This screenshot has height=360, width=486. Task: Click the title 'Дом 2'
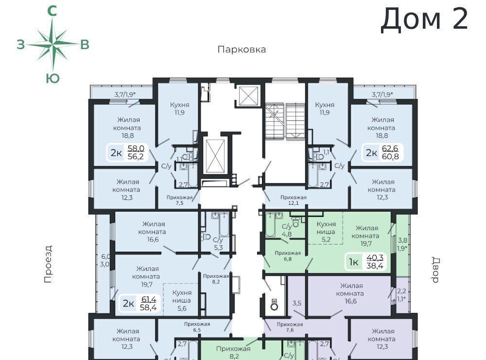pyautogui.click(x=424, y=19)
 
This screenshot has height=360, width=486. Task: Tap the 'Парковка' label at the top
pyautogui.click(x=242, y=50)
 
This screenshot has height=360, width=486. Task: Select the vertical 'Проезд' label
pyautogui.click(x=48, y=264)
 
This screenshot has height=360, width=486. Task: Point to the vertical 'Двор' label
pyautogui.click(x=435, y=270)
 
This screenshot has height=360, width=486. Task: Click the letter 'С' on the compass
pyautogui.click(x=52, y=11)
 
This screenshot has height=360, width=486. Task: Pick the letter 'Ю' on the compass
pyautogui.click(x=52, y=79)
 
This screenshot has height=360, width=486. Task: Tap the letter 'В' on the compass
pyautogui.click(x=85, y=45)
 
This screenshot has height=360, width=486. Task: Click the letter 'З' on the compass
pyautogui.click(x=20, y=45)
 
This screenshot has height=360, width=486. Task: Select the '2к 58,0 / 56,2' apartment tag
pyautogui.click(x=127, y=153)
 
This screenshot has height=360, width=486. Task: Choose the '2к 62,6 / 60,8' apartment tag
pyautogui.click(x=382, y=153)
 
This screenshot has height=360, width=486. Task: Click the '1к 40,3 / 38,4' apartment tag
pyautogui.click(x=366, y=262)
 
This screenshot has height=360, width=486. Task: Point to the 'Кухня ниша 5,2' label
pyautogui.click(x=326, y=232)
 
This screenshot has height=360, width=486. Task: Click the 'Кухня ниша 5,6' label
pyautogui.click(x=182, y=301)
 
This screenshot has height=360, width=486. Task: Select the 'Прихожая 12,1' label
pyautogui.click(x=293, y=200)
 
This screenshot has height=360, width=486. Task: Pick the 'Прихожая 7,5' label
pyautogui.click(x=179, y=200)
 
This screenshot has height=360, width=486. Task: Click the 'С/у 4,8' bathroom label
pyautogui.click(x=287, y=230)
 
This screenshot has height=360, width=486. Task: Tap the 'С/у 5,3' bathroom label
pyautogui.click(x=218, y=244)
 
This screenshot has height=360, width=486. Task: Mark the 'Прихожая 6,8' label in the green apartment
pyautogui.click(x=288, y=256)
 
